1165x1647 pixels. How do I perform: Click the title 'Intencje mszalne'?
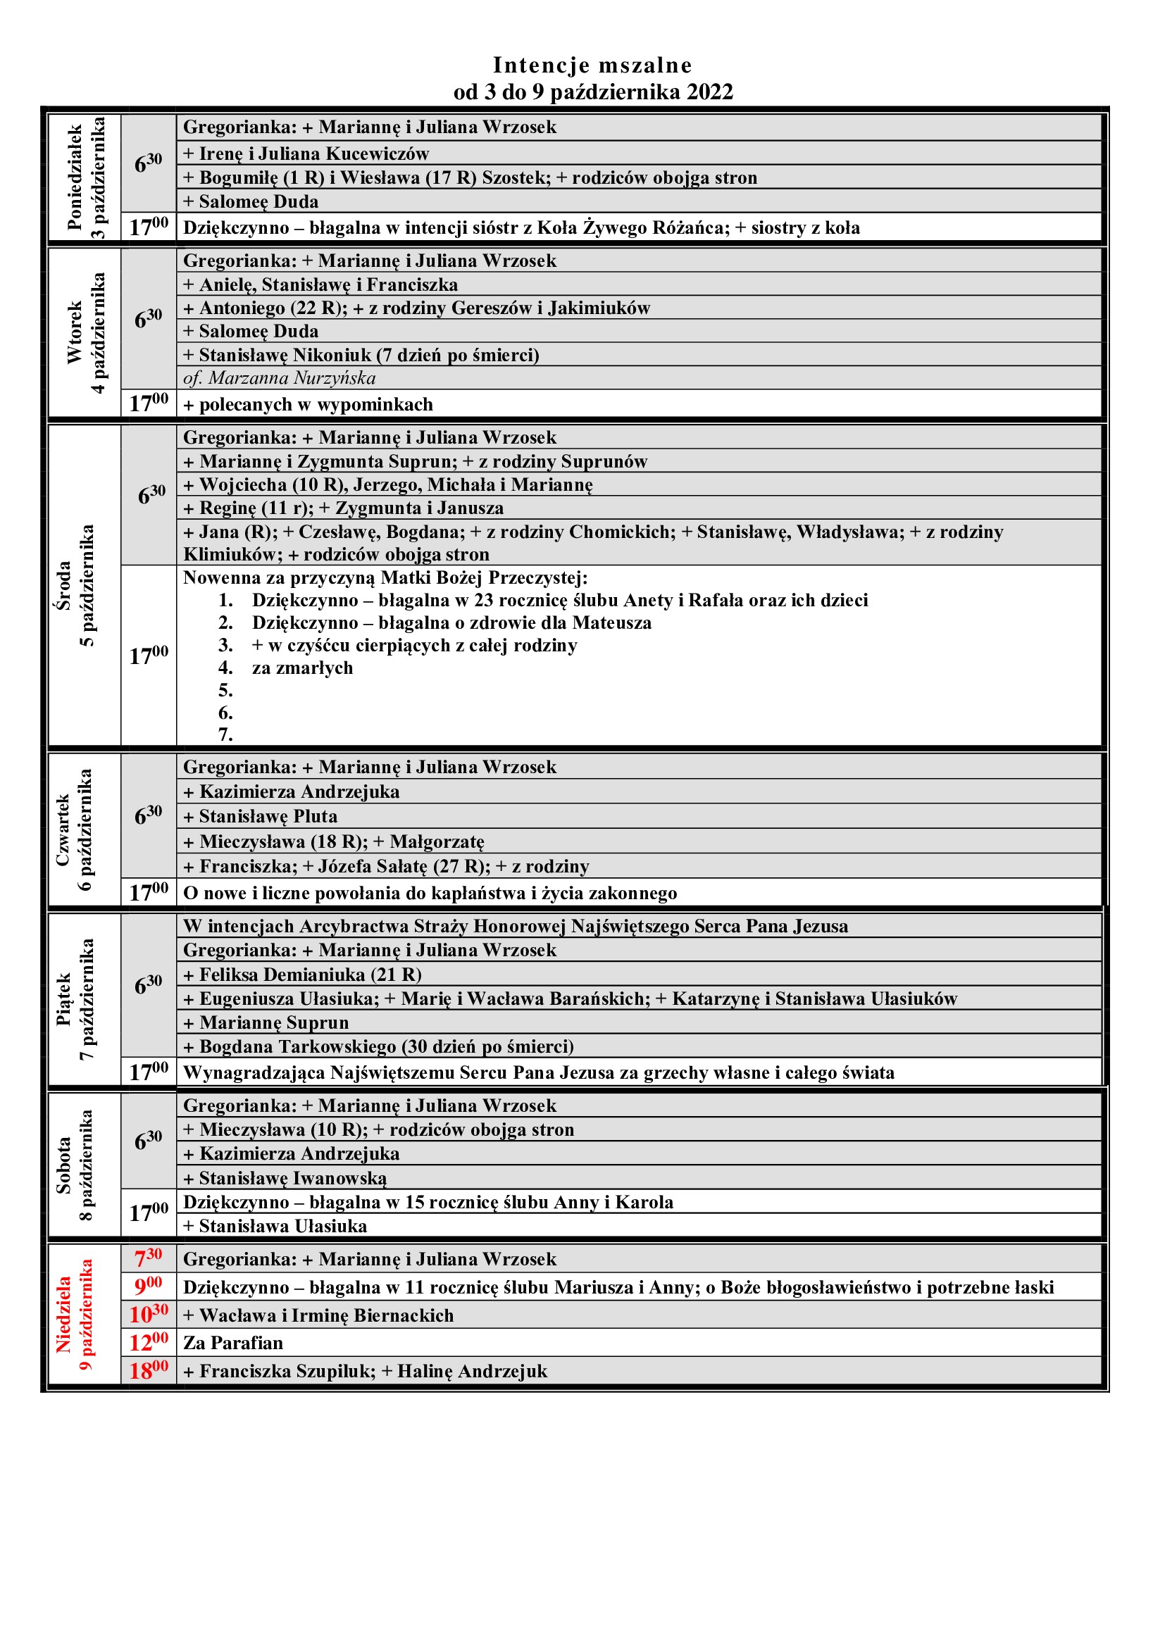tap(592, 65)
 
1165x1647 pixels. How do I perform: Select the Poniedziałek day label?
tap(75, 177)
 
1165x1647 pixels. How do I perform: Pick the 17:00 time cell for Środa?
tap(149, 656)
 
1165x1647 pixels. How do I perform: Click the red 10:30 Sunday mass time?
tap(149, 1314)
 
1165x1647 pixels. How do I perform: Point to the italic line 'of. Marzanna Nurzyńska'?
tap(279, 378)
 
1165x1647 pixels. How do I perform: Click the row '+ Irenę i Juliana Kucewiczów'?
tap(306, 154)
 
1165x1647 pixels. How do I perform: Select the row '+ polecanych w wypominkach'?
tap(309, 405)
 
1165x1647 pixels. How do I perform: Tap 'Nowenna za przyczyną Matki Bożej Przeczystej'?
tap(385, 577)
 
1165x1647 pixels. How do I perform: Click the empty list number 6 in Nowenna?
tap(226, 713)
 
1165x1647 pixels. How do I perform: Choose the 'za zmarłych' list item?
tap(302, 668)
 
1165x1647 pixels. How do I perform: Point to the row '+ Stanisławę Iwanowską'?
tap(285, 1178)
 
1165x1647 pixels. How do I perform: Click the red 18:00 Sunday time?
tap(149, 1371)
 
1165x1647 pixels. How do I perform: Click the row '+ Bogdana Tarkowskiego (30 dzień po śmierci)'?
tap(379, 1046)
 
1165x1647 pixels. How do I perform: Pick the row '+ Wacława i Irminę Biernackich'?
tap(318, 1315)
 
